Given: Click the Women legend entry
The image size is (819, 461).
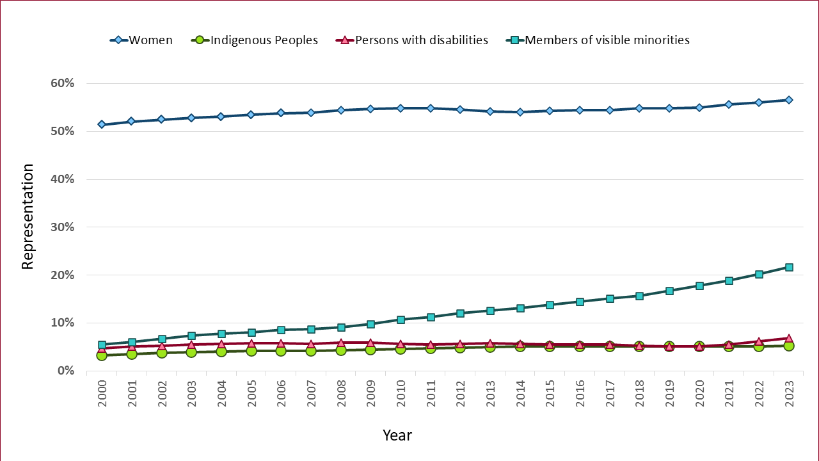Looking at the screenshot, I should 150,40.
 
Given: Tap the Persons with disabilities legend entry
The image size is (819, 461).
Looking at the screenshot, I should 421,40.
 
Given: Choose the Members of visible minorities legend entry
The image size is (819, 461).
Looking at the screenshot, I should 607,40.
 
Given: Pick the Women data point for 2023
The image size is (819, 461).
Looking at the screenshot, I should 789,100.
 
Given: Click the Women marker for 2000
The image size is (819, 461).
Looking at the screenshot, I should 102,124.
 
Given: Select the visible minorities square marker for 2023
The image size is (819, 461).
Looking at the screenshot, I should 789,267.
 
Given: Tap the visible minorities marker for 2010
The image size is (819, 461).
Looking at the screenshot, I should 401,319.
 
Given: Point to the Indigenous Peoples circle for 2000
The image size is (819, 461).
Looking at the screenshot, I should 102,355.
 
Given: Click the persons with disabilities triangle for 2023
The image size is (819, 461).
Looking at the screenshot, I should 789,338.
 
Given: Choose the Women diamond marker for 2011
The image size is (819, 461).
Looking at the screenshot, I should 431,108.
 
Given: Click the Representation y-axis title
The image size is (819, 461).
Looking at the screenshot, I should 28,216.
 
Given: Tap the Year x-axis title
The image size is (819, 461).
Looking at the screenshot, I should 397,435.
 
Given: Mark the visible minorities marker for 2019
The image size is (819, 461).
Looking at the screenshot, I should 669,291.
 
